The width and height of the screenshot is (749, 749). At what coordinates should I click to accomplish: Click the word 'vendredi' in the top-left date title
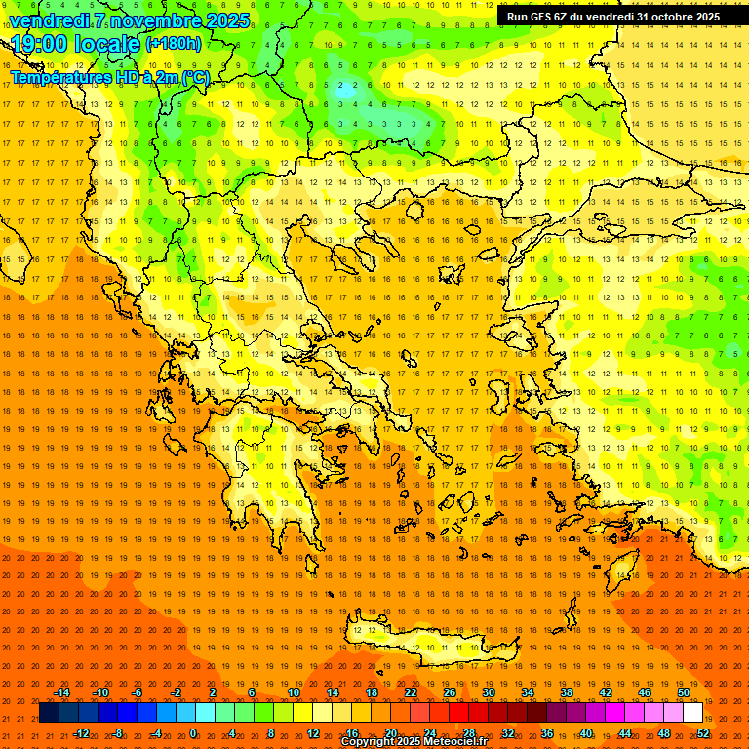(50, 20)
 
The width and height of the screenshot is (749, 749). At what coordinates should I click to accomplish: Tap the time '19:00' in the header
(41, 44)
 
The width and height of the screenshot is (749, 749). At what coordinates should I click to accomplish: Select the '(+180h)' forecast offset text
(174, 43)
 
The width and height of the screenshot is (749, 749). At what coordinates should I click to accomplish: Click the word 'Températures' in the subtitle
(58, 77)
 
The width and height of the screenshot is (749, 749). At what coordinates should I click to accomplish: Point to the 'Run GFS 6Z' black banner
(613, 17)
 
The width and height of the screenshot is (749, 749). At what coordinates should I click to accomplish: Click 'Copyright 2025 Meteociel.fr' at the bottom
(414, 742)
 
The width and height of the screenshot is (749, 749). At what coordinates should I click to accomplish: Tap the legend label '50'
(684, 692)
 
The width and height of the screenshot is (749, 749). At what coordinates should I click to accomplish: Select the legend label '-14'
(61, 692)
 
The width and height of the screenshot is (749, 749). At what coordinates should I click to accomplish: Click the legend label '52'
(703, 732)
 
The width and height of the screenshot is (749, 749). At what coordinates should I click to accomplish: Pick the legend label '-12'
(81, 732)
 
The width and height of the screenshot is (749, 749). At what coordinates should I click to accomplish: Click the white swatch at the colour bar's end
(692, 713)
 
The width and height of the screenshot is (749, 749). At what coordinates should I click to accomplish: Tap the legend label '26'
(450, 692)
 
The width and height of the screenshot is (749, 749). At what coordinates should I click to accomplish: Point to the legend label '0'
(193, 732)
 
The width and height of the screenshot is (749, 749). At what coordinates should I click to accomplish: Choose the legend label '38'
(567, 692)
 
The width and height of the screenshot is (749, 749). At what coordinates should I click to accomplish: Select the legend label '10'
(294, 692)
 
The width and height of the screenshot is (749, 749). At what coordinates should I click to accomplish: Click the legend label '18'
(372, 692)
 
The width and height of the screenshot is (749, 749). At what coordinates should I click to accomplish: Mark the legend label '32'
(508, 732)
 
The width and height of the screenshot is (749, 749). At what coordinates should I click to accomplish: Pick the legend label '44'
(625, 732)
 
